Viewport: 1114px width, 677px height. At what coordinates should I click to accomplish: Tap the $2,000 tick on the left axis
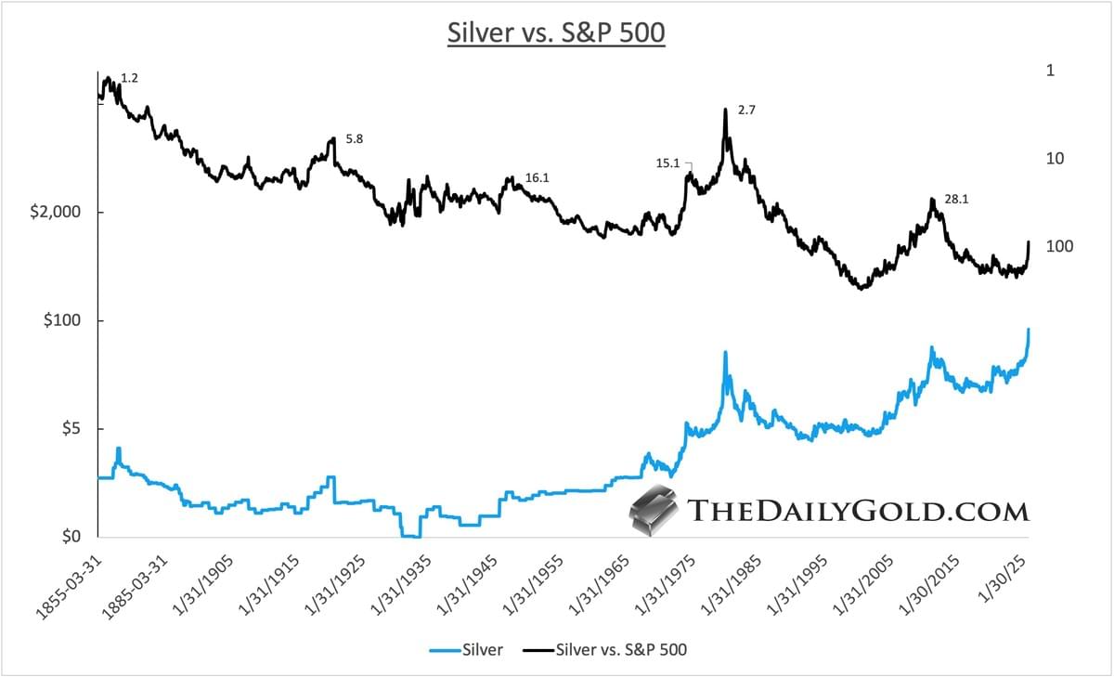56,213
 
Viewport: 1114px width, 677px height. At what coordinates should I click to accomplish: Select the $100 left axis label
65,320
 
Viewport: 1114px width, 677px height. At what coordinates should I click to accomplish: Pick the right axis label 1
1052,72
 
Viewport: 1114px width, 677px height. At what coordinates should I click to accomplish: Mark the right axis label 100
1059,247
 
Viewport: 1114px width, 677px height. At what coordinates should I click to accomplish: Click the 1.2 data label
130,79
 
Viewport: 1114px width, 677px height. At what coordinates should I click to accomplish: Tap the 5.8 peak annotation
355,139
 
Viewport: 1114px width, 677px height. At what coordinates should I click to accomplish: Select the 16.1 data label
538,177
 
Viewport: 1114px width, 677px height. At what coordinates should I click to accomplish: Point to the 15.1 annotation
667,163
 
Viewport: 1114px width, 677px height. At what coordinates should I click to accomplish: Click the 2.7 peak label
747,111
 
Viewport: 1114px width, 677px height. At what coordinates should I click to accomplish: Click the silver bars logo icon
654,512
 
